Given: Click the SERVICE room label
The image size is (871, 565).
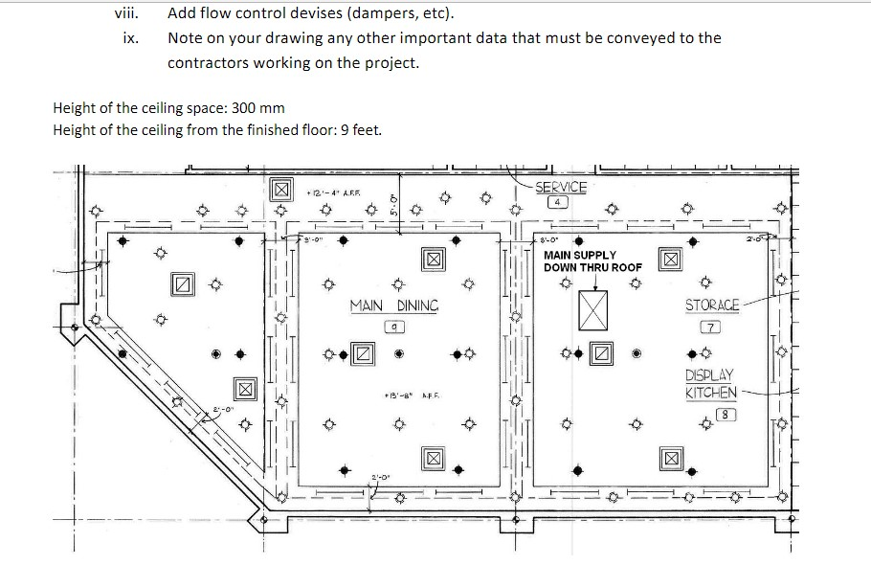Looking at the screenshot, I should click(x=561, y=188).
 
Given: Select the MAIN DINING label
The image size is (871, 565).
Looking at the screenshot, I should click(x=393, y=305).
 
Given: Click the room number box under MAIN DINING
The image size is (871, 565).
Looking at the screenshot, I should click(x=394, y=327).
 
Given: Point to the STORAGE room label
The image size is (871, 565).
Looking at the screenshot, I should click(x=712, y=305).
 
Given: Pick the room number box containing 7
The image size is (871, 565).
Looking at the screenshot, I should click(x=711, y=328).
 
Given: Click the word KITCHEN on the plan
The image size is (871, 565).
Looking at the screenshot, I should click(x=711, y=393).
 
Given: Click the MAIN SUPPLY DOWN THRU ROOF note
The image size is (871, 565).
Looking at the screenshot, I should click(x=592, y=261).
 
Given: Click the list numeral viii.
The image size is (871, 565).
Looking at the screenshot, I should click(x=125, y=14).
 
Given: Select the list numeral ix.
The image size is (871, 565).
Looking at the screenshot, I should click(x=131, y=38).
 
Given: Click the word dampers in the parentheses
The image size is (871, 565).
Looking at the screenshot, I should click(x=356, y=14).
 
